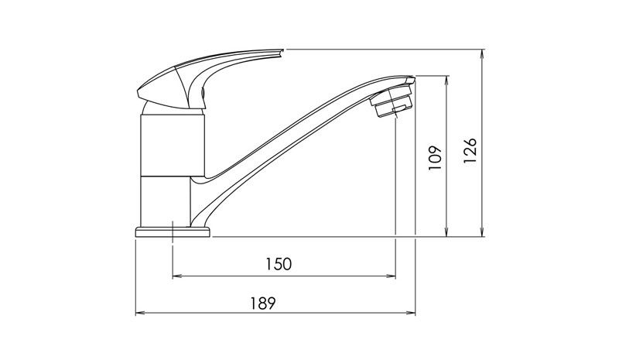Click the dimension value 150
pos(278,264)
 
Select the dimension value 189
pos(263,303)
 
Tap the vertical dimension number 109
pos(435,157)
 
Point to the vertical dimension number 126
pos(470,150)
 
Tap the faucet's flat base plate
pos(173,232)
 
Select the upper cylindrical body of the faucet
pos(173,145)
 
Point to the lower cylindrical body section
pos(166,201)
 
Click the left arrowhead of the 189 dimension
pos(139,313)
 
